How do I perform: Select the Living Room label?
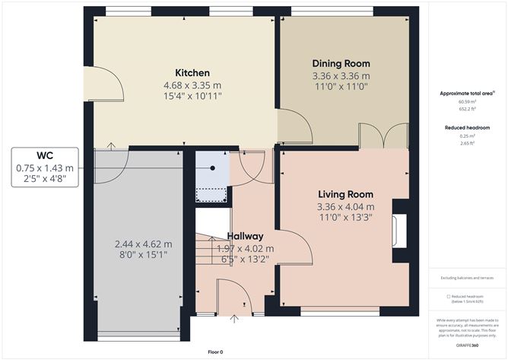point(345,193)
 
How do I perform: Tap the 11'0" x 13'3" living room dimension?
point(345,218)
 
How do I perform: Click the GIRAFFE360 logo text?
point(466,346)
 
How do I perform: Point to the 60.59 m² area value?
point(465,100)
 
